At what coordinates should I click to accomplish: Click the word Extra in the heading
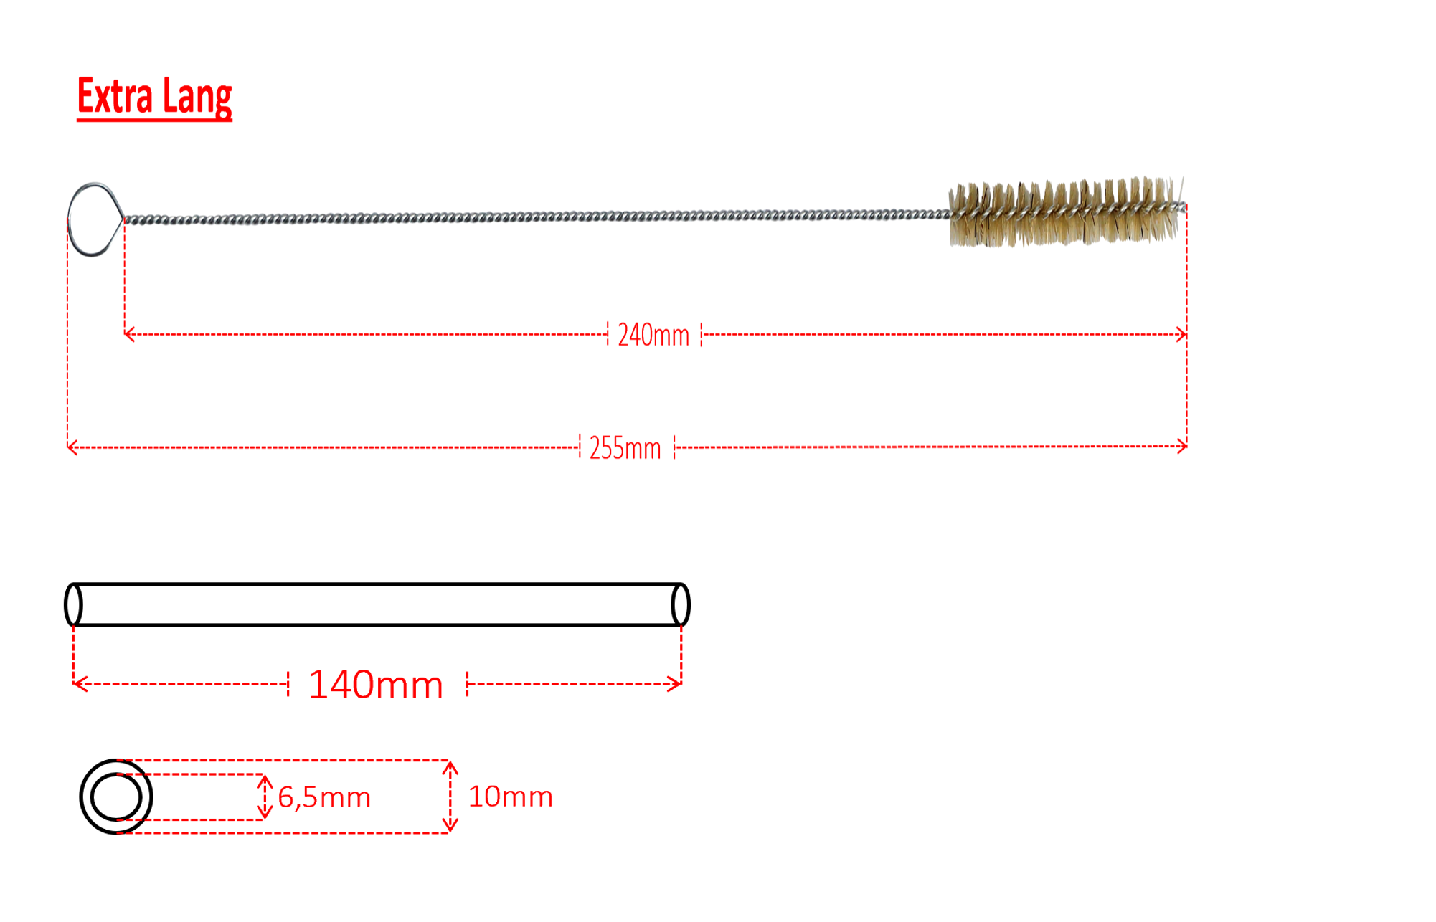point(115,96)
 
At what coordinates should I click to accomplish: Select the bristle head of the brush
point(1065,212)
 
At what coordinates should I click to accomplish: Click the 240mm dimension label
point(653,335)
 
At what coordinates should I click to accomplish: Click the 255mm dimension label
point(625,448)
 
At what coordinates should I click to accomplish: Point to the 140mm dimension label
point(376,685)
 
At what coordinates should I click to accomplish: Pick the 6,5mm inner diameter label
point(324,797)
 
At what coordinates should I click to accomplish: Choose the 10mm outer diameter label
point(510,797)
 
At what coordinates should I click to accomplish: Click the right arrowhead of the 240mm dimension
point(1182,334)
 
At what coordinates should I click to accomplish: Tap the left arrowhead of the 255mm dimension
point(71,448)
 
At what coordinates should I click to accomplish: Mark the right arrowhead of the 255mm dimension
point(1182,447)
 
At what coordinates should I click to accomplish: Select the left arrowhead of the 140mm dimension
point(79,684)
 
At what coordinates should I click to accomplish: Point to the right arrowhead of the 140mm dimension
point(676,684)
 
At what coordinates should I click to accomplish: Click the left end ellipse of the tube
point(74,605)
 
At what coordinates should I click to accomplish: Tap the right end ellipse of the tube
point(681,605)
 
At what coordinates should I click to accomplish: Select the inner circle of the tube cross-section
point(116,797)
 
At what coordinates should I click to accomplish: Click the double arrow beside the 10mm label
point(450,797)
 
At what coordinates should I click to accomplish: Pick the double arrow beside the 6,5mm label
point(265,797)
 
